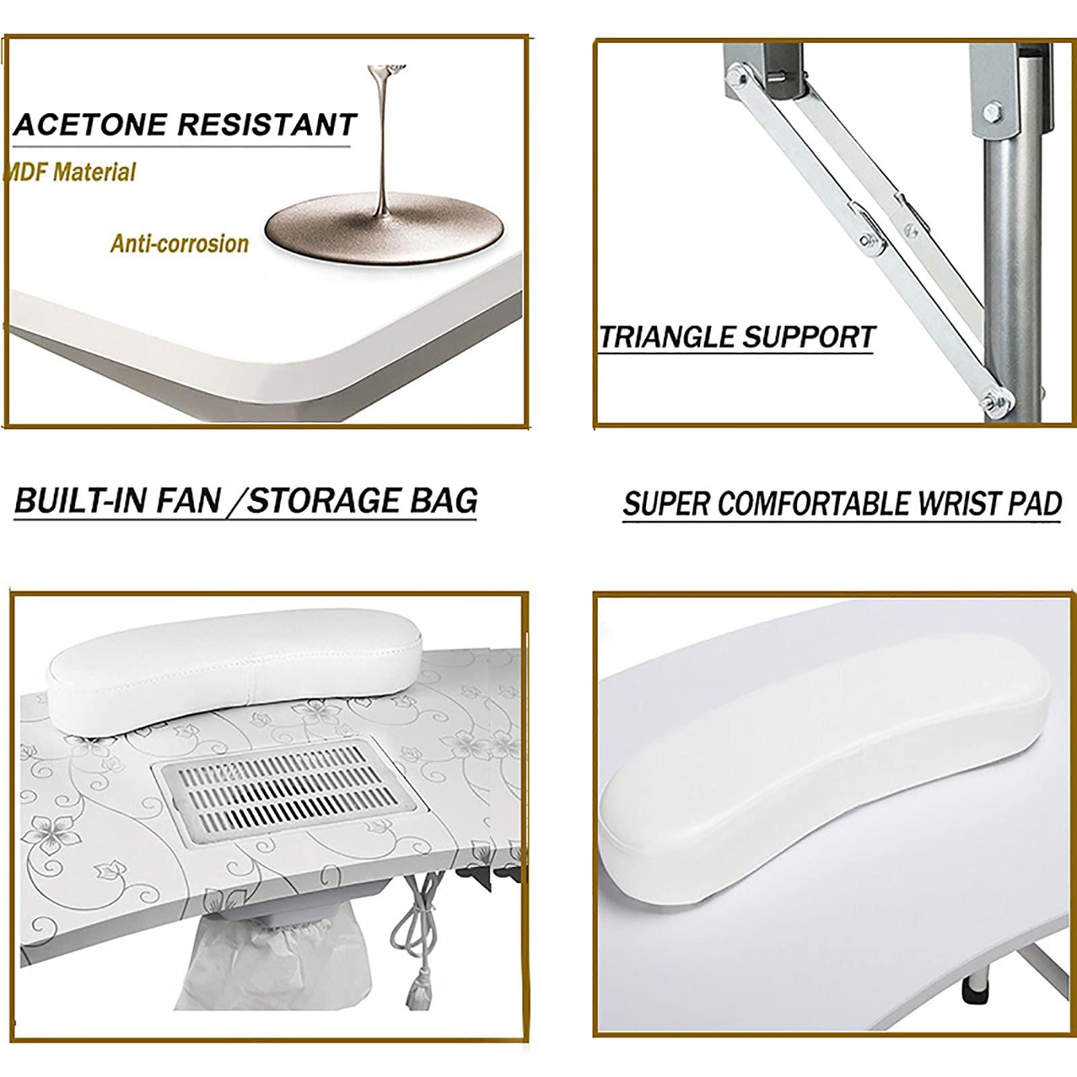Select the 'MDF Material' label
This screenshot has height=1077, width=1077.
tap(71, 172)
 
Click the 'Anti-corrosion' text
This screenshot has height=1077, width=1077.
tap(180, 244)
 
